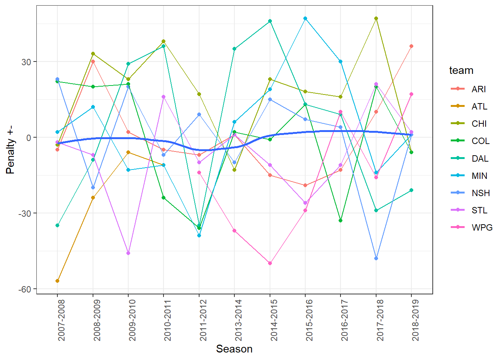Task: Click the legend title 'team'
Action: [x=461, y=70]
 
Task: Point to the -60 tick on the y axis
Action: [x=26, y=289]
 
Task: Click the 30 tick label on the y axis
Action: [x=26, y=62]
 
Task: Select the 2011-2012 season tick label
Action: [x=203, y=320]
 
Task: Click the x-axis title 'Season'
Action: [x=234, y=349]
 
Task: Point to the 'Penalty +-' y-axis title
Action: [x=10, y=150]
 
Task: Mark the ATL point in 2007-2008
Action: [x=57, y=281]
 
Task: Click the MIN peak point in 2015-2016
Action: [x=305, y=18]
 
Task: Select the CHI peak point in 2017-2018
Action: [x=376, y=18]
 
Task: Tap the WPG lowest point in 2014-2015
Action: [x=270, y=263]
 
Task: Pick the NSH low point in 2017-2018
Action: [x=376, y=258]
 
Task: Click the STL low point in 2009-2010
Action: [x=128, y=253]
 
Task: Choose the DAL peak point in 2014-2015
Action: [x=270, y=21]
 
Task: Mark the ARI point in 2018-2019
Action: [x=411, y=46]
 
